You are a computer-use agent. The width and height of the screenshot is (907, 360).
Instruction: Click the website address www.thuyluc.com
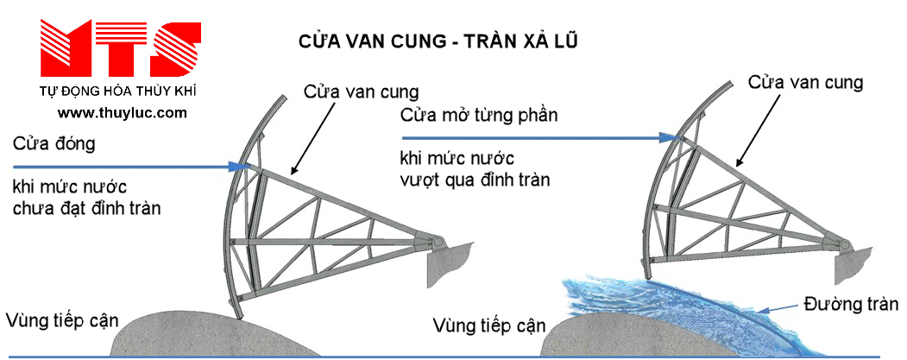tap(123, 113)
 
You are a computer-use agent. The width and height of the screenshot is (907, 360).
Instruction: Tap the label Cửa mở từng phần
tap(480, 115)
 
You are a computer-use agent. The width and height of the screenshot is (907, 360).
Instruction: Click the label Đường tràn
tap(851, 304)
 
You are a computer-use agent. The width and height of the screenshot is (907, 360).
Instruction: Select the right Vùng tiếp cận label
tap(489, 325)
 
